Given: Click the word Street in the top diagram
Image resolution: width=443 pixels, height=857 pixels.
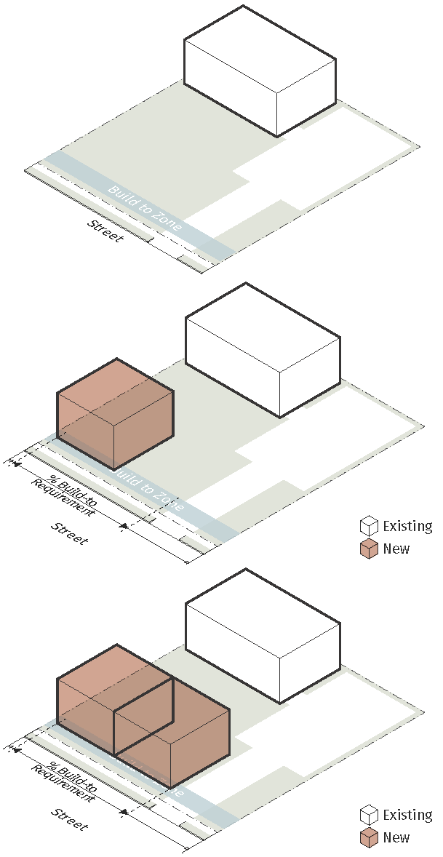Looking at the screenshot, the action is pos(105,231).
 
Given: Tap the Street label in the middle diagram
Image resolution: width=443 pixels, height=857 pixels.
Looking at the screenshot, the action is pos(70,533).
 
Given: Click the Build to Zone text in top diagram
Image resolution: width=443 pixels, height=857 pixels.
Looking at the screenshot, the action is pos(145,208).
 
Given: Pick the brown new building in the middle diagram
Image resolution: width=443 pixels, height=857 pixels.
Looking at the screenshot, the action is pos(115,415).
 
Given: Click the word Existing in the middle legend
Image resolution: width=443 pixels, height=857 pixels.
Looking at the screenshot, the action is pos(407,526).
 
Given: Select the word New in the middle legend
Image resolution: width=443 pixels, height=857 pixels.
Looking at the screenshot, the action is pos(396,549).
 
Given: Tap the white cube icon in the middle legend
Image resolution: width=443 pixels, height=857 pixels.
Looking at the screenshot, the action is pos(369,526).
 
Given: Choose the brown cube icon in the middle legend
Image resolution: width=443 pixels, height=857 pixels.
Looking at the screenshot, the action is pos(369,549).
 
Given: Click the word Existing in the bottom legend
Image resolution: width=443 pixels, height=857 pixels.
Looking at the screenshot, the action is pos(407,815).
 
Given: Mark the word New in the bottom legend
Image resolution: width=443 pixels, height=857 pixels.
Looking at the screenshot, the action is pos(396,837).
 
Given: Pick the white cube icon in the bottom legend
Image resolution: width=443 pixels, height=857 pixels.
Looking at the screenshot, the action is pos(369,815).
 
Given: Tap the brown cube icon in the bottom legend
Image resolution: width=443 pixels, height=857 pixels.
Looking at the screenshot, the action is pos(369,838).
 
